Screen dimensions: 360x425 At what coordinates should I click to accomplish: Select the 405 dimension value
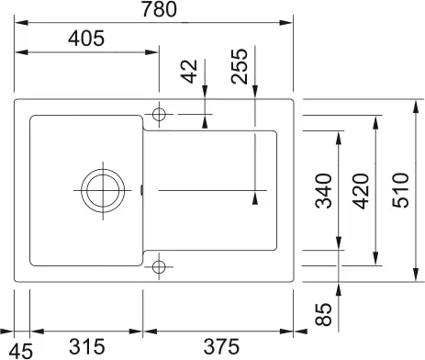click(84, 39)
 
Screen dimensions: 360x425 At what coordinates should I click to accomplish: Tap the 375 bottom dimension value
click(220, 348)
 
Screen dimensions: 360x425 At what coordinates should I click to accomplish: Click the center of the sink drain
click(100, 191)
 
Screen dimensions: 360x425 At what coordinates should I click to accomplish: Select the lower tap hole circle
click(160, 267)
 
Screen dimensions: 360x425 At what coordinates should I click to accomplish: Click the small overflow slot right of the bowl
click(142, 191)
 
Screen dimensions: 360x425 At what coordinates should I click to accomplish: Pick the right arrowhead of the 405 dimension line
click(155, 52)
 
